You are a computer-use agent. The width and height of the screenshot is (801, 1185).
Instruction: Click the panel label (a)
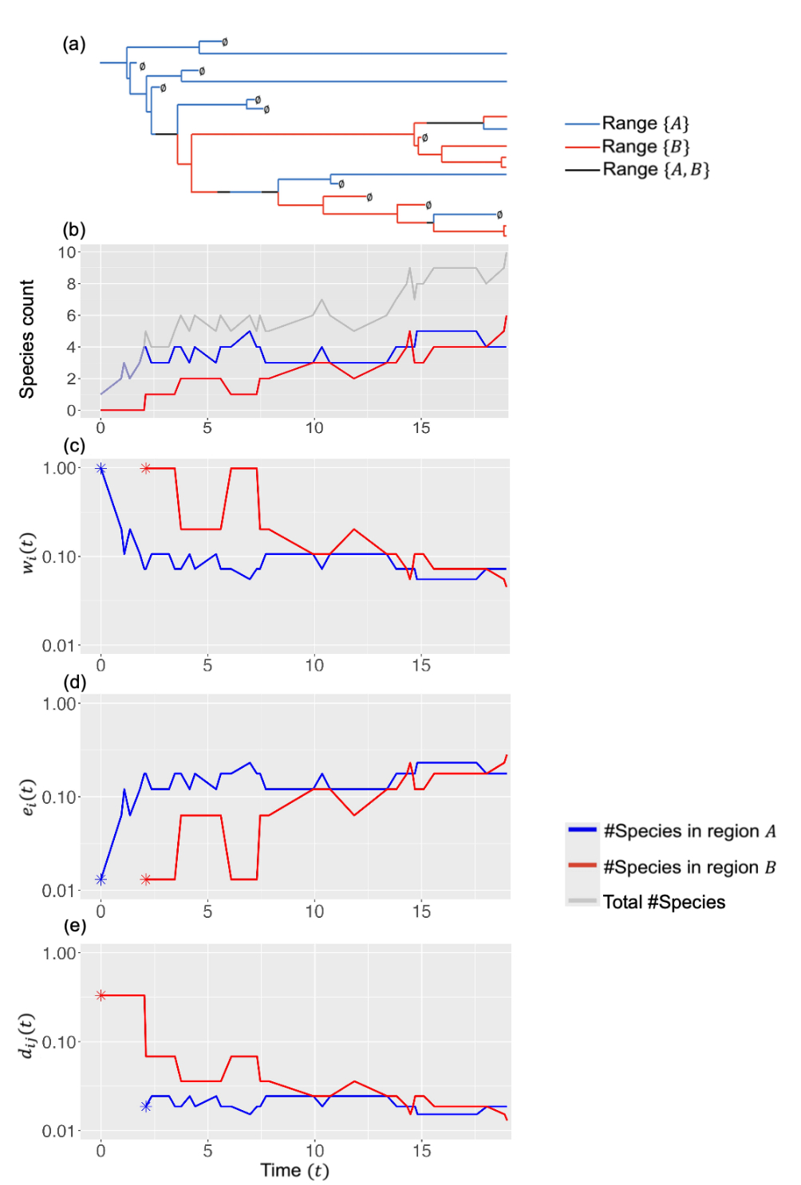click(74, 45)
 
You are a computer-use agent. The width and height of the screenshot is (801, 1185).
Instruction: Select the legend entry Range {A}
click(645, 124)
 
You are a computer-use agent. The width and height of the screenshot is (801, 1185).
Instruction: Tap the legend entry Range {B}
click(645, 147)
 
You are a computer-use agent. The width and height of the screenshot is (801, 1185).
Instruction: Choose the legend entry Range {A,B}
click(655, 169)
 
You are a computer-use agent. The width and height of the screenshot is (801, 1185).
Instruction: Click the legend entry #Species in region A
click(689, 831)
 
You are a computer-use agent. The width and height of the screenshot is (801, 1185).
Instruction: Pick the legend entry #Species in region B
click(689, 867)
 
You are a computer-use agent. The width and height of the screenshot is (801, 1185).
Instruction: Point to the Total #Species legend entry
click(664, 902)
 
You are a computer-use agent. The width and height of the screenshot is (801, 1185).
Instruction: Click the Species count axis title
click(27, 339)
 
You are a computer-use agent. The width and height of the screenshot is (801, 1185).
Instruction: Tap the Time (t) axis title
click(294, 1170)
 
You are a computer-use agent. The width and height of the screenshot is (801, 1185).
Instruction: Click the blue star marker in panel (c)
click(101, 469)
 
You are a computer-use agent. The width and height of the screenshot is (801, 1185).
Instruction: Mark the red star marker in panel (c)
click(145, 469)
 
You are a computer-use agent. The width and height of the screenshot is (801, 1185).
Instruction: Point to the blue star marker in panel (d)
click(101, 880)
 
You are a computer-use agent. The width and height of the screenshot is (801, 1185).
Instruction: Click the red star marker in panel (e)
click(101, 995)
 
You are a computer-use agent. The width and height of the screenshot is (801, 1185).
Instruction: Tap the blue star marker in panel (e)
click(145, 1107)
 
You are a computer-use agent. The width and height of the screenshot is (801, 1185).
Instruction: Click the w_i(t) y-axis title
click(27, 552)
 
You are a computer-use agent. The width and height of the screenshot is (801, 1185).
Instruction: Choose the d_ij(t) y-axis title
click(27, 1036)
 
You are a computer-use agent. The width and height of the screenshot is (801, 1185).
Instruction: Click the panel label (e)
click(74, 926)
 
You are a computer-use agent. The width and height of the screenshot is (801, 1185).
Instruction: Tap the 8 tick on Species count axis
click(71, 284)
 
